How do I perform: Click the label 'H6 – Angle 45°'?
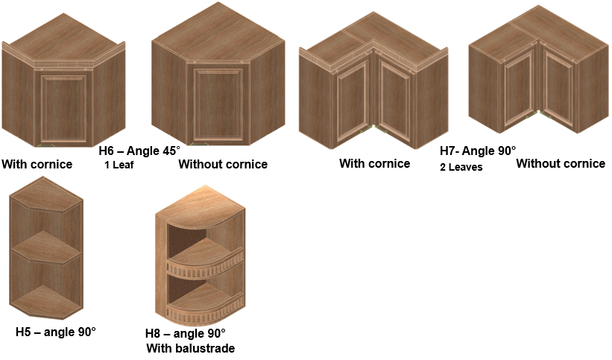[x=139, y=151]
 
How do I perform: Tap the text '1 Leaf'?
[x=119, y=165]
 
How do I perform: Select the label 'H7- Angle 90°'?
[x=478, y=151]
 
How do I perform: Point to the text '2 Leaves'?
[x=461, y=167]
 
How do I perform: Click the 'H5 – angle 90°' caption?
[x=56, y=332]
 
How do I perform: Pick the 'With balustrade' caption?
[x=191, y=348]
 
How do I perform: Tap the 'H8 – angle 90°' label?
[x=186, y=333]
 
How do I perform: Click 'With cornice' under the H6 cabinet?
[x=37, y=164]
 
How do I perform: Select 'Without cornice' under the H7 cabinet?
[x=561, y=163]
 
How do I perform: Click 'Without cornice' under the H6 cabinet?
[x=223, y=164]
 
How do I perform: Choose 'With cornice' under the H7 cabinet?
[x=375, y=163]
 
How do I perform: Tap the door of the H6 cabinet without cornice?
[x=218, y=104]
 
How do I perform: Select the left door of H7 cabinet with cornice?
[x=353, y=98]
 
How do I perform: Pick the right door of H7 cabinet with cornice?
[x=395, y=98]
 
